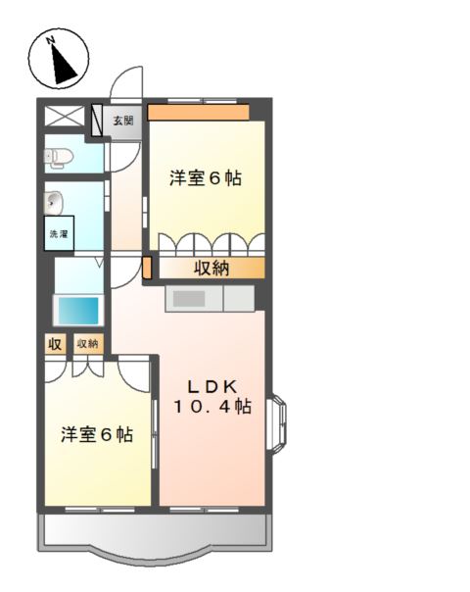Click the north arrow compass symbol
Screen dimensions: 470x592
point(59,59)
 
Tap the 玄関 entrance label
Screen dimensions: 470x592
point(123,121)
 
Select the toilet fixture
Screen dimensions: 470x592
point(59,157)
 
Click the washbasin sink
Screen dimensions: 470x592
point(54,202)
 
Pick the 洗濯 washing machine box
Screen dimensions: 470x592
point(59,233)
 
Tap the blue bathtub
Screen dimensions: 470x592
point(78,311)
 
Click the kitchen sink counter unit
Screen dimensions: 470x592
point(211,299)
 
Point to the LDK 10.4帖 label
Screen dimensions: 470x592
point(212,397)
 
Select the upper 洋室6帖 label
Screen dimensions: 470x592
point(206,177)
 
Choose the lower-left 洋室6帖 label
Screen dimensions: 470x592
point(97,434)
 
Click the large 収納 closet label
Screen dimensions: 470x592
point(211,268)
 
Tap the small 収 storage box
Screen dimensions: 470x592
point(55,344)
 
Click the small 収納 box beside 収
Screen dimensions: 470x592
point(88,344)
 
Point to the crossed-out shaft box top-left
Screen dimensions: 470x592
point(65,116)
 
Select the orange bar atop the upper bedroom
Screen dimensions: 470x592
point(199,113)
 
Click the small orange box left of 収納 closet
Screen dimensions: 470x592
point(147,268)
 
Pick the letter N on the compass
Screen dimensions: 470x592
point(50,40)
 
